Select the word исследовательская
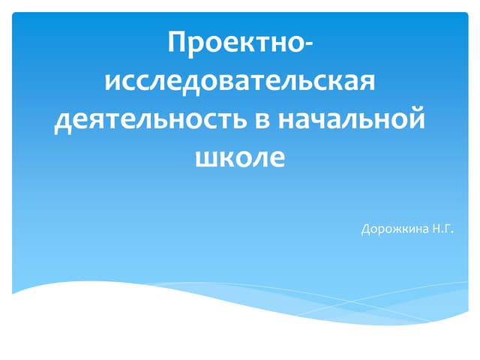pos(240,80)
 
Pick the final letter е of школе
pos(277,160)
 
